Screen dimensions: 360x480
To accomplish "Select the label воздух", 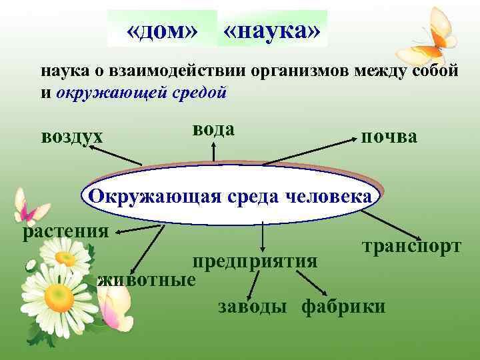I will tap(72, 137).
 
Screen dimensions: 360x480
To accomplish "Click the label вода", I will tap(214, 129).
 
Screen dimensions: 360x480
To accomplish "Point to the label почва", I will tap(389, 137).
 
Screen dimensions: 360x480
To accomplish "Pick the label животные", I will tap(147, 279).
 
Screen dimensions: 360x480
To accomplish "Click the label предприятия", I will tap(255, 259).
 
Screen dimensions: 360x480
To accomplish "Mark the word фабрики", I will tap(343, 306).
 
